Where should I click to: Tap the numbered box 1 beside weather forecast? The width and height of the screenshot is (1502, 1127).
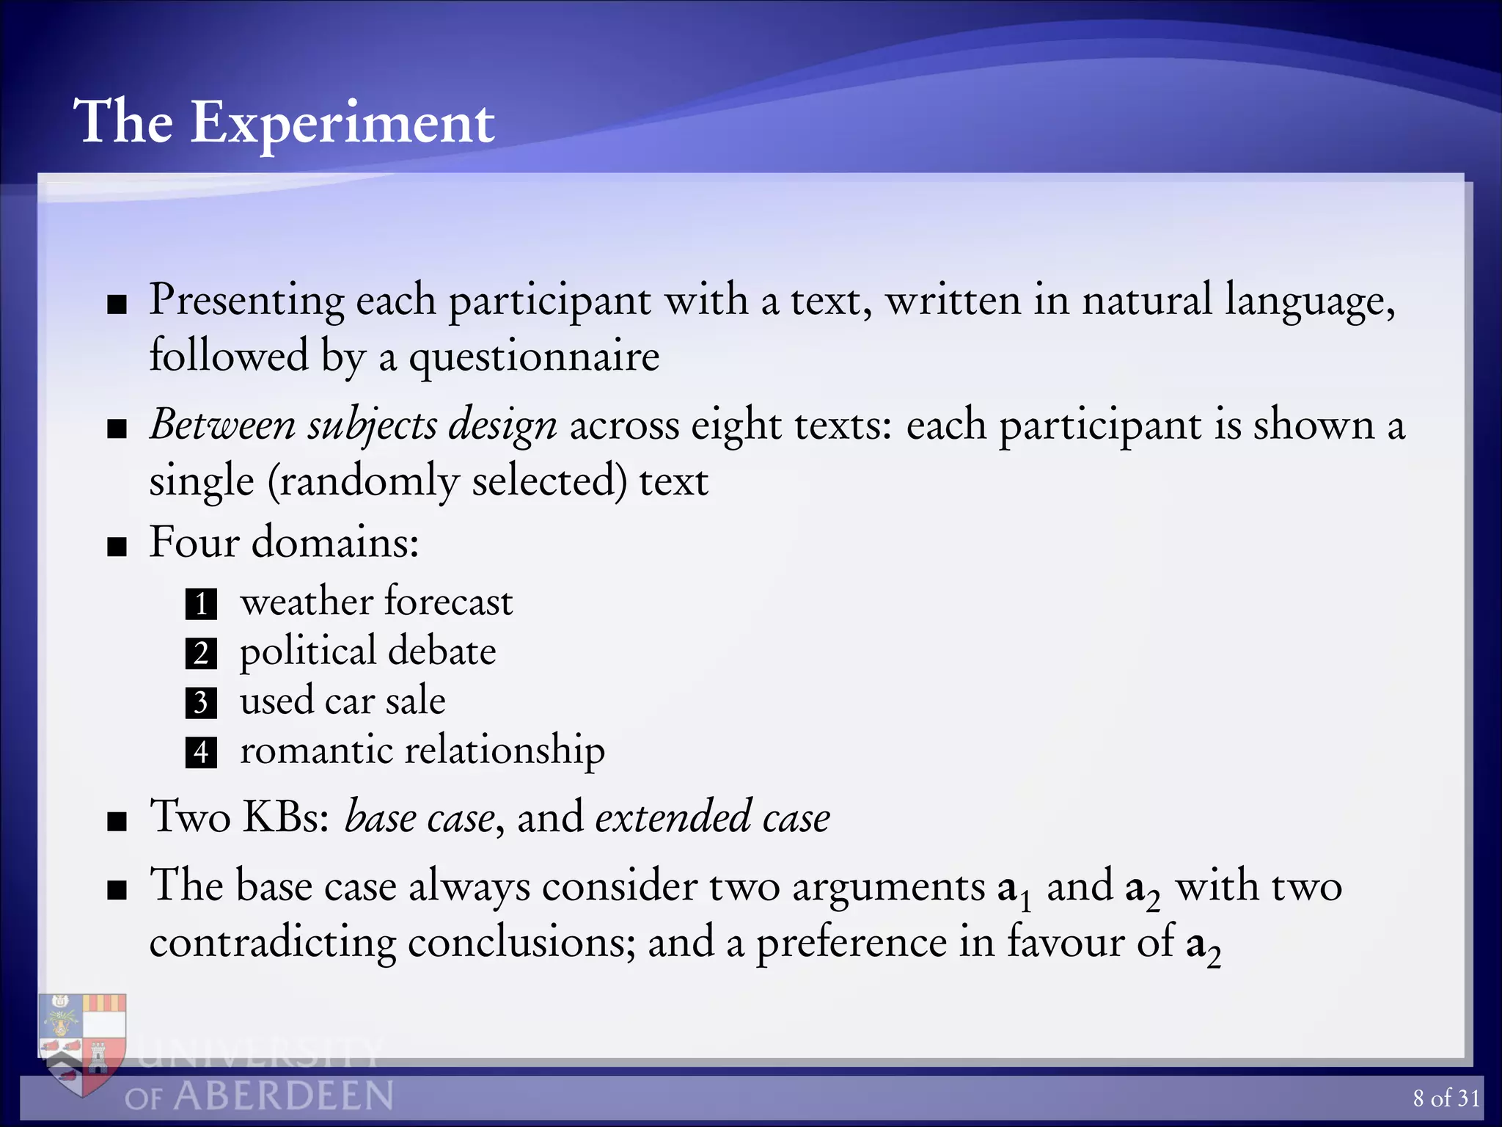point(201,604)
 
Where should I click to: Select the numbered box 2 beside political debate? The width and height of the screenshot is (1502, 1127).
point(201,653)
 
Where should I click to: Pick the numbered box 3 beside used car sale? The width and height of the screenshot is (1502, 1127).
point(201,702)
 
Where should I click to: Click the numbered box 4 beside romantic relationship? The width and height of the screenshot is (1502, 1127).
point(201,752)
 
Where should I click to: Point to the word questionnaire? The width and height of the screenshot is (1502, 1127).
point(534,357)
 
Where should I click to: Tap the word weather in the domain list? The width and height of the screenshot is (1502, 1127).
point(307,602)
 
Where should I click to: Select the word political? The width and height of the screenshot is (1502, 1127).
point(307,652)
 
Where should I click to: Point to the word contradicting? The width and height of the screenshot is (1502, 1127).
point(273,942)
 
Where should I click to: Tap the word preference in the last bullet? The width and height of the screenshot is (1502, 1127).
point(851,942)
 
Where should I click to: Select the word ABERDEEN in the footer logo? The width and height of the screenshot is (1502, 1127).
point(283,1097)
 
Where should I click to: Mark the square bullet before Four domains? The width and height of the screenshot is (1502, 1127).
point(117,547)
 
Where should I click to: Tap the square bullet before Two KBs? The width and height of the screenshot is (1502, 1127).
point(117,821)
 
